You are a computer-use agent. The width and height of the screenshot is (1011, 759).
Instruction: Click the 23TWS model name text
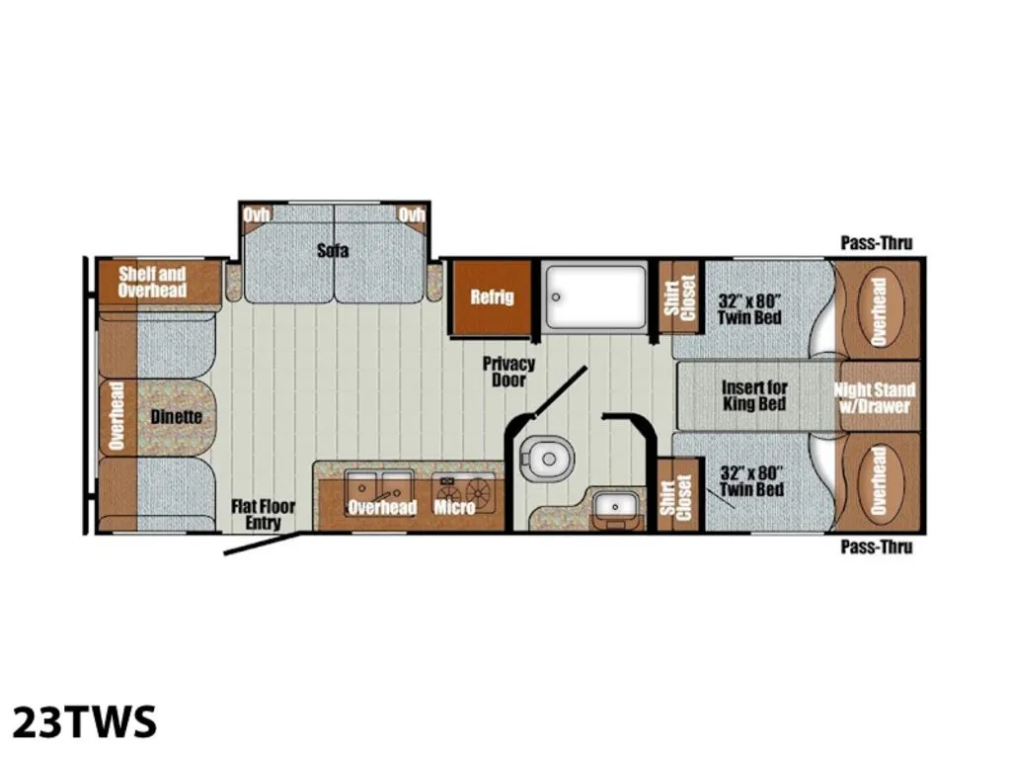[x=85, y=720]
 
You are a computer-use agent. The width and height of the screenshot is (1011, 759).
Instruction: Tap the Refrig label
[x=492, y=296]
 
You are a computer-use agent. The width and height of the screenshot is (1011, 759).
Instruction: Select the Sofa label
[x=333, y=250]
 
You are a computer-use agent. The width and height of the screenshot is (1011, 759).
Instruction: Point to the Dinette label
[x=176, y=417]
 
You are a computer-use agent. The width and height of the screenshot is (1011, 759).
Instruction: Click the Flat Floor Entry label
[x=263, y=514]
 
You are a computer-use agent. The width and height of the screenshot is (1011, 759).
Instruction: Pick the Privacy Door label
[x=508, y=372]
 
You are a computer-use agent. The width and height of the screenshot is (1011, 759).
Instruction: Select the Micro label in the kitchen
[x=454, y=507]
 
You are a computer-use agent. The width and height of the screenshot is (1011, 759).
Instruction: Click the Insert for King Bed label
[x=754, y=395]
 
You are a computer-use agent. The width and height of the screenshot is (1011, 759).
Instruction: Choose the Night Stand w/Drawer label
[x=875, y=397]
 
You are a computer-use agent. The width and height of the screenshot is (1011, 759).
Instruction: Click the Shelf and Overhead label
[x=152, y=282]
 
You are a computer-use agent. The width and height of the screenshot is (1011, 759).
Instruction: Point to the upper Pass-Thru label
[x=877, y=243]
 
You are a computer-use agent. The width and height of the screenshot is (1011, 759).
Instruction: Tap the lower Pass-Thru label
[x=877, y=548]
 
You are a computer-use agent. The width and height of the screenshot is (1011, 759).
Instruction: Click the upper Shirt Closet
[x=680, y=297]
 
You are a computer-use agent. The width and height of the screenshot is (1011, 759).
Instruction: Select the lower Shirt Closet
[x=677, y=494]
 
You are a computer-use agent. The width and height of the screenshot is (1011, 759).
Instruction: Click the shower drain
[x=556, y=297]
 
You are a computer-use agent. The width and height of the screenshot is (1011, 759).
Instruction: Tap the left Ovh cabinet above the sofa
[x=256, y=214]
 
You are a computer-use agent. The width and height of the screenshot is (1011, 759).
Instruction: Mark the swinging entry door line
[x=263, y=544]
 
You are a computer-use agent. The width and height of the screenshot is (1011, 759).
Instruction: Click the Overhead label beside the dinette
[x=117, y=416]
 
